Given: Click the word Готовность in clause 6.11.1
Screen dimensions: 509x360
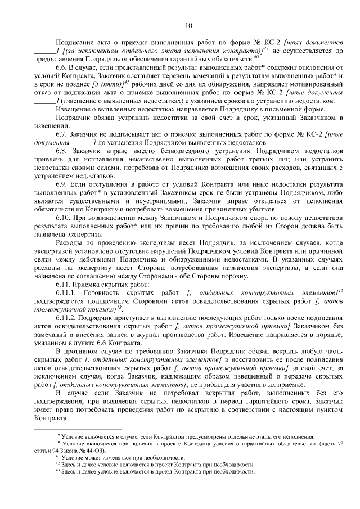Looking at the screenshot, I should click(x=103, y=293).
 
